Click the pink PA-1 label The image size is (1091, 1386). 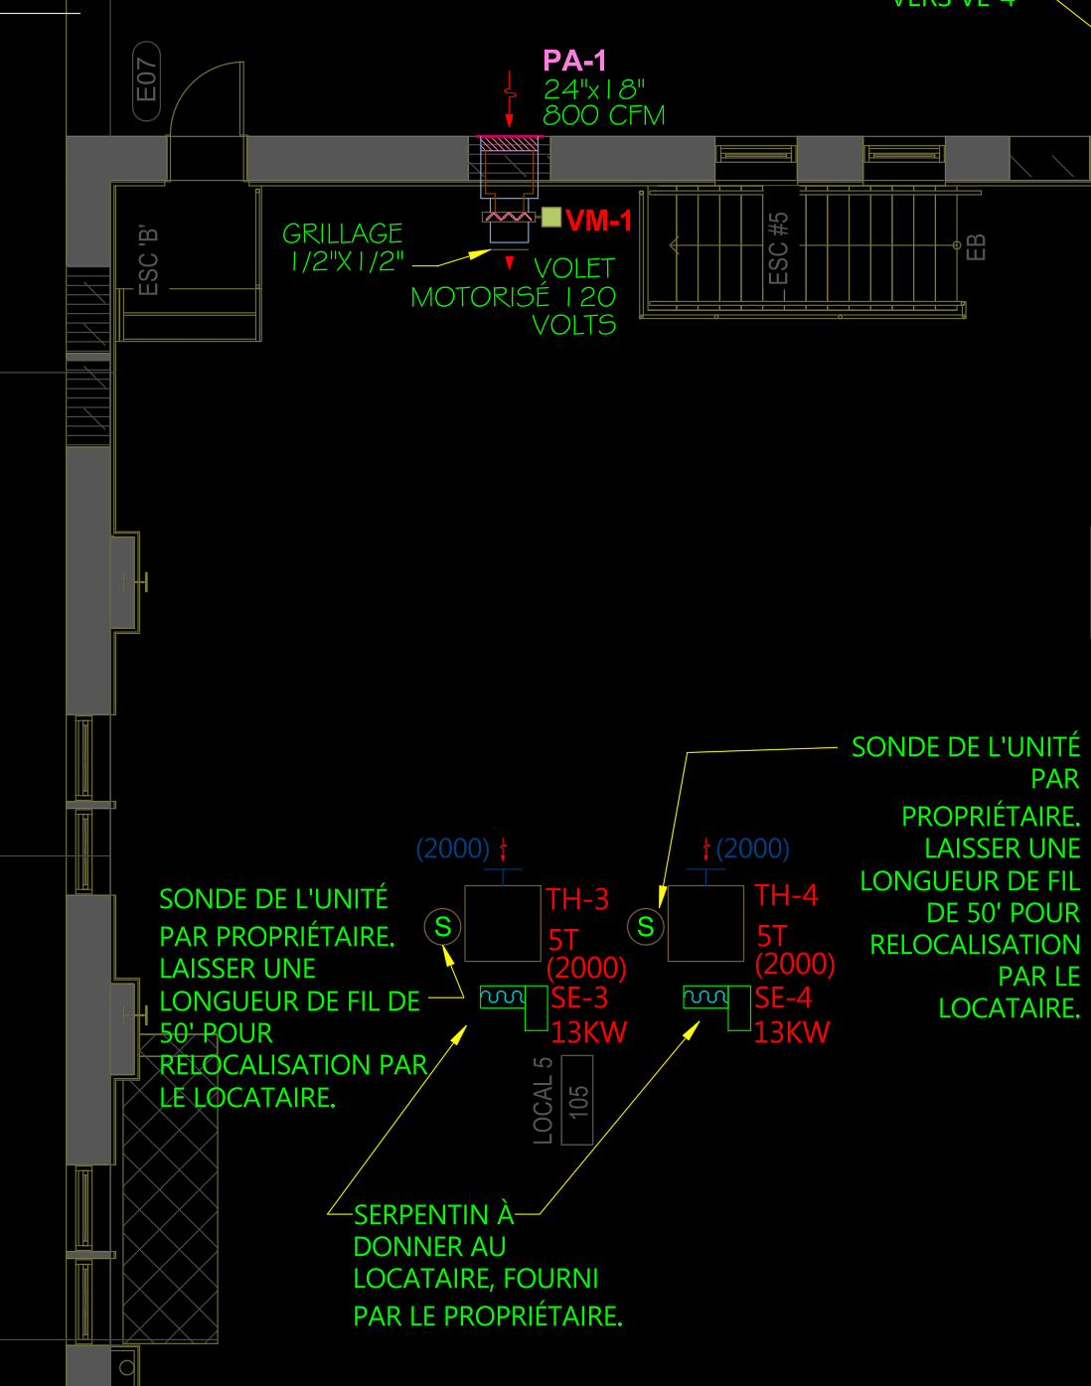574,61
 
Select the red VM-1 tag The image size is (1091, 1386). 598,221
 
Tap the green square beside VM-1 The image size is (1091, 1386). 551,217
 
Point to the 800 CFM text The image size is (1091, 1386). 603,115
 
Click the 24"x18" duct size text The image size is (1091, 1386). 593,88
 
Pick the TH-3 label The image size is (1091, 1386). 577,899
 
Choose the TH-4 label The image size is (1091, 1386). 786,895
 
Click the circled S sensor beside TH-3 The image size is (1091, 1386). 443,927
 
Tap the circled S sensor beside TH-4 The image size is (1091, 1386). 646,927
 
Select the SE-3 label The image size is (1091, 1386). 579,998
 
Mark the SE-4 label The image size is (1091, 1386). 783,998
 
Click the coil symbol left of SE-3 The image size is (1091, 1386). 502,997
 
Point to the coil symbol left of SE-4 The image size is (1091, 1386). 705,997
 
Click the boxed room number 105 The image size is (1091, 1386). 577,1100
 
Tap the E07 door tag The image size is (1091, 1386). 146,80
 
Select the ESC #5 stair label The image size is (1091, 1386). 779,247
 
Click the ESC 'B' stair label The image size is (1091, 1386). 148,260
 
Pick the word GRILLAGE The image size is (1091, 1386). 343,233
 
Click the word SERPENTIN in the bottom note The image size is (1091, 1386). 421,1215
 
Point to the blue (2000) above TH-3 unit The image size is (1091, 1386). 453,848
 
